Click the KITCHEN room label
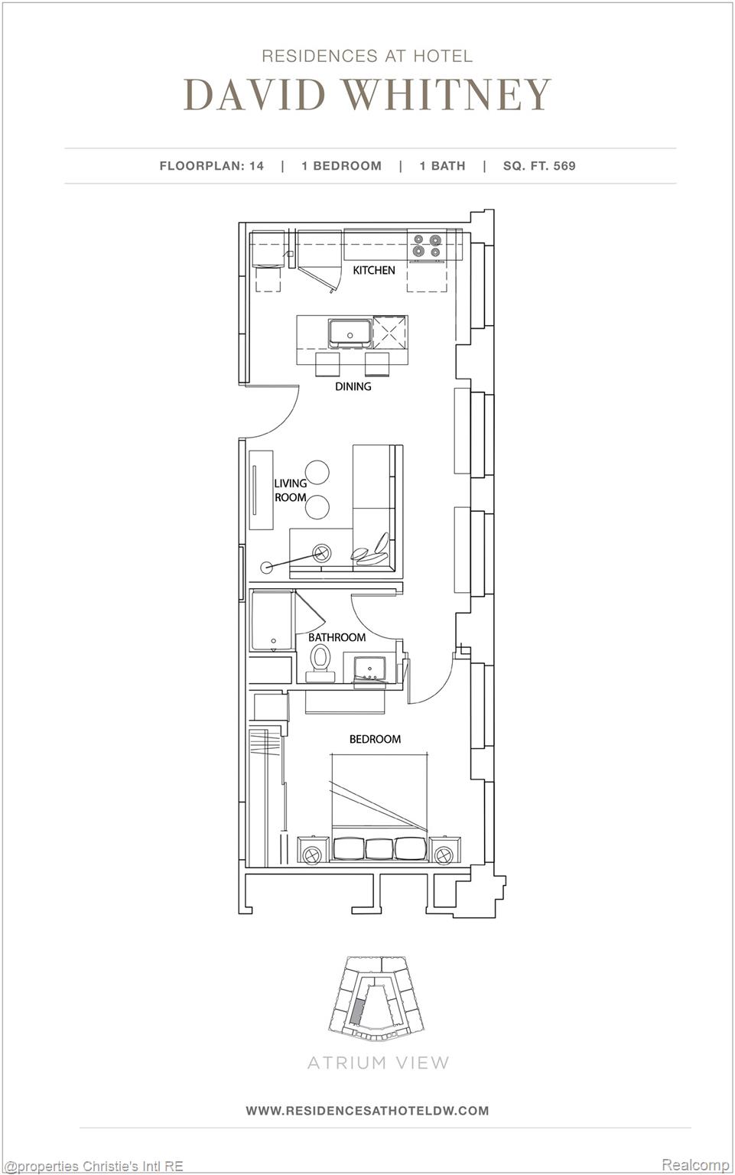tap(374, 270)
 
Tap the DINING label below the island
tap(353, 386)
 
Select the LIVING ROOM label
tap(291, 490)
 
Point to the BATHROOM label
tap(337, 637)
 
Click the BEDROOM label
tap(375, 739)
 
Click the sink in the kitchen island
tap(350, 334)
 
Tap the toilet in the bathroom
tap(320, 661)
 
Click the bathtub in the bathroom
tap(272, 620)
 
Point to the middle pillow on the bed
tap(379, 849)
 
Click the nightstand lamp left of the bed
tap(311, 854)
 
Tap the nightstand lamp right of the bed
tap(444, 854)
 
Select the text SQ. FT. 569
tap(539, 165)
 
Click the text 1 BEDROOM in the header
tap(341, 165)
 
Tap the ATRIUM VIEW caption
tap(378, 1063)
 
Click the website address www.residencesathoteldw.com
tap(367, 1110)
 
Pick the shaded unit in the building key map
tap(356, 1011)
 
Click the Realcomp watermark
tap(695, 1164)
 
